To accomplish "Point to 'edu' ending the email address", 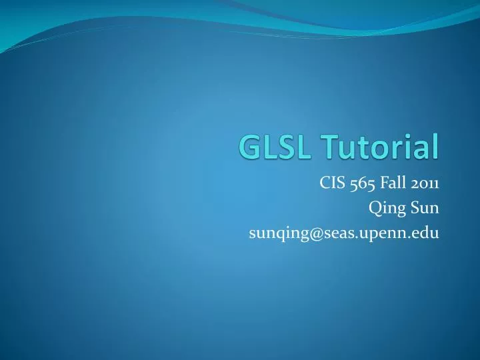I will click(x=425, y=233).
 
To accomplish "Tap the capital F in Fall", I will click(x=387, y=184).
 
